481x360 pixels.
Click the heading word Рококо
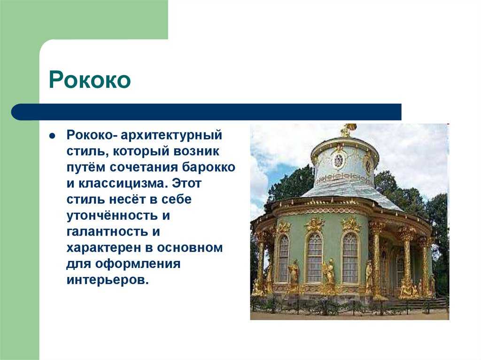coord(90,80)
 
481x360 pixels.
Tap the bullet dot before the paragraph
coord(53,136)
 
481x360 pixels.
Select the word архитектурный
coord(171,135)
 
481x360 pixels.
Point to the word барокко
coord(209,167)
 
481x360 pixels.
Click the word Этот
coord(186,183)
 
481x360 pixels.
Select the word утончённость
coord(112,215)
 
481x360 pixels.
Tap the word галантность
coord(108,231)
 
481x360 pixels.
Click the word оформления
coord(138,264)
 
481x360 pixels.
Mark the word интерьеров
coord(108,280)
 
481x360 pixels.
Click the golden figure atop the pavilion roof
coord(347,130)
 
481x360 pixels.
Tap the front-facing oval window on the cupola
coord(338,160)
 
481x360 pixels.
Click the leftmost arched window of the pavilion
coord(283,259)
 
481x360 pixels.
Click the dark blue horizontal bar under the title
coord(206,112)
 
